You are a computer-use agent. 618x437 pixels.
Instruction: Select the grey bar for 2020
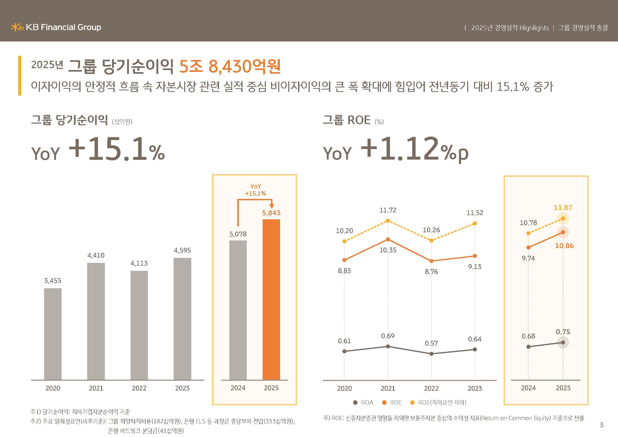[53, 334]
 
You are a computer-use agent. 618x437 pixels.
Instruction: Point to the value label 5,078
[238, 234]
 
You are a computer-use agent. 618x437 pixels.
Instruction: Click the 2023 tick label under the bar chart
[182, 388]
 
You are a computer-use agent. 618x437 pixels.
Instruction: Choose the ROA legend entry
[363, 402]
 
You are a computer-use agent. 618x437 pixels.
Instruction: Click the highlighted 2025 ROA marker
[563, 343]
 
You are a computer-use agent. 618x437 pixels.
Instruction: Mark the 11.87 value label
[563, 207]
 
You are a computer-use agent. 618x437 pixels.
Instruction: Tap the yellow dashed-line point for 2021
[388, 221]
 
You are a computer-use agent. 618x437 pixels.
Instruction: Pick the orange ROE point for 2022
[431, 261]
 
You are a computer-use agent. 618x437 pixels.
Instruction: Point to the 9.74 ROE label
[528, 258]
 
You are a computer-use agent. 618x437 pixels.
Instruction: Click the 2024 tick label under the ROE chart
[528, 388]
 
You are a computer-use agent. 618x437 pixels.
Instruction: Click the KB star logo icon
[17, 27]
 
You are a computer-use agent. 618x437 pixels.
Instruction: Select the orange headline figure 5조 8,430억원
[230, 67]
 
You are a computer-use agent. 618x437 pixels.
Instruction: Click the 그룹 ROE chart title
[346, 120]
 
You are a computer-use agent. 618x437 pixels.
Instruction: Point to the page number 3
[602, 425]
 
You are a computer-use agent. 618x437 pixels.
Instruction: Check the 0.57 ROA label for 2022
[431, 343]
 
